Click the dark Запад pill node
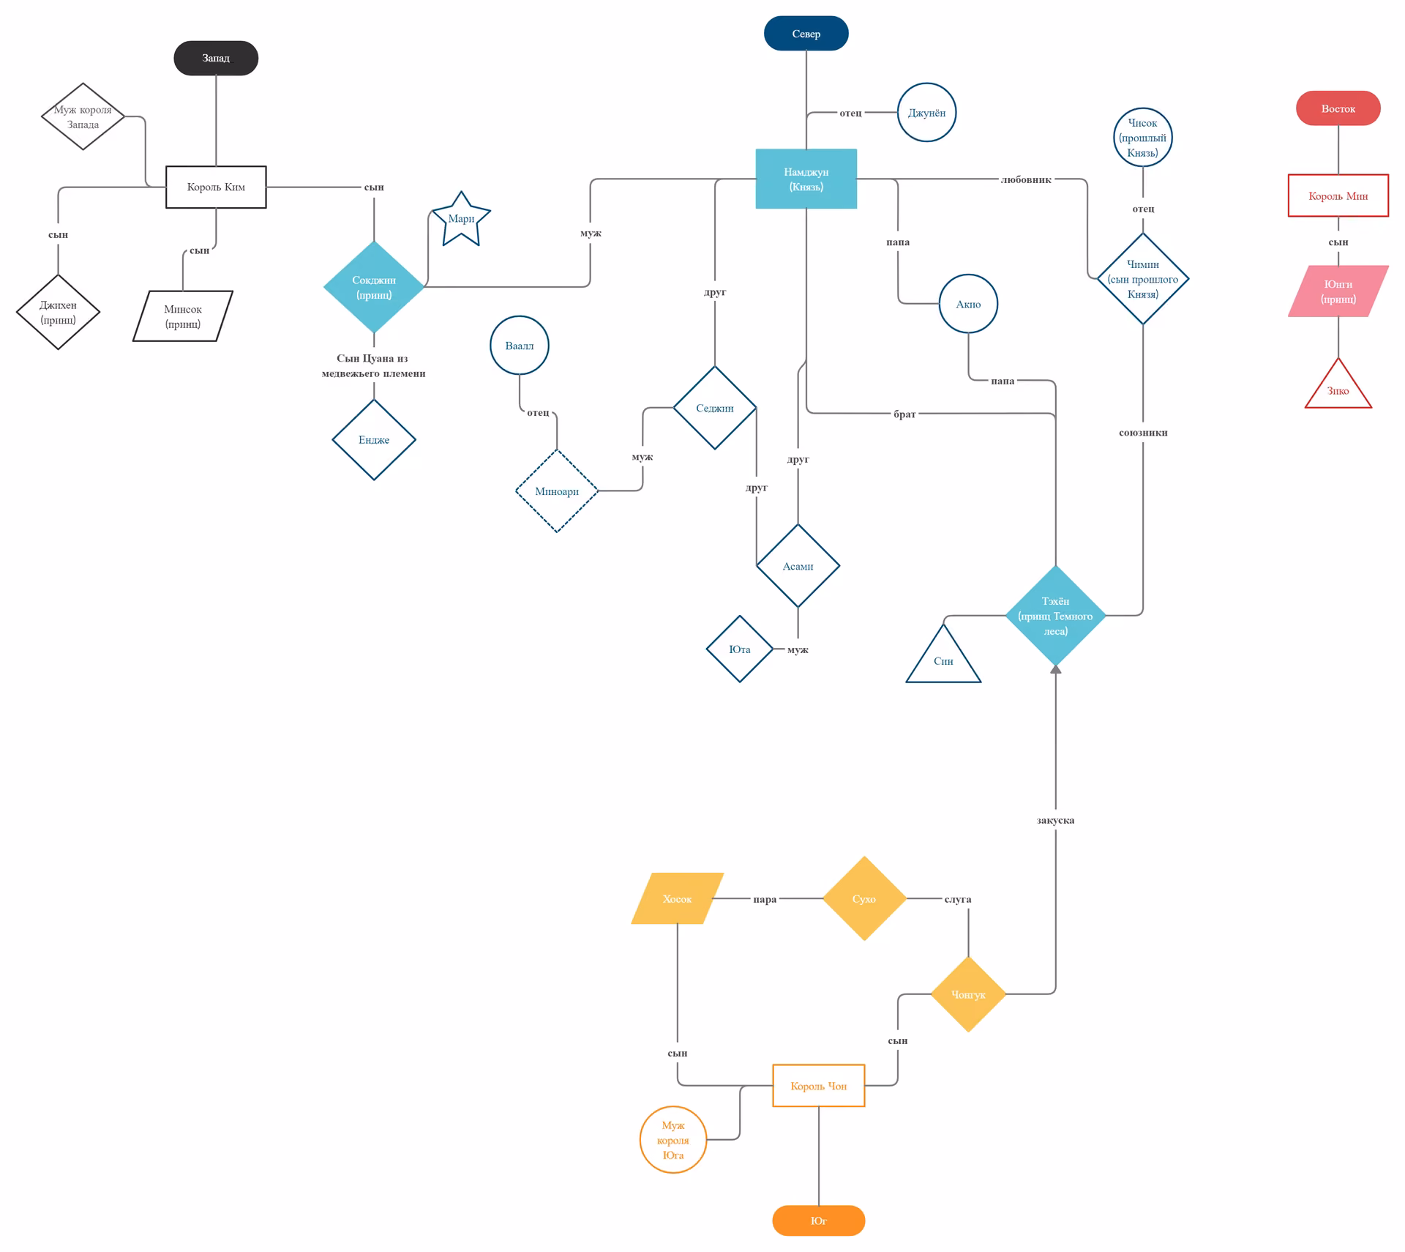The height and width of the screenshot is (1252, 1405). [x=216, y=58]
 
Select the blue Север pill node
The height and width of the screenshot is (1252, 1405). [x=806, y=34]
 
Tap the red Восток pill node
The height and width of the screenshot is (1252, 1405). [x=1338, y=108]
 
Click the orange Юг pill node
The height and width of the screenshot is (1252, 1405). [x=818, y=1221]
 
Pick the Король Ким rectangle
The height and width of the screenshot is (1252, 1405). [x=216, y=187]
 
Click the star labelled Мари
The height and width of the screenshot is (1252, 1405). [x=461, y=220]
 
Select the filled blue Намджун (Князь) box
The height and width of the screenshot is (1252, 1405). [x=806, y=179]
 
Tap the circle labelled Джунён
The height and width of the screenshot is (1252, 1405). [x=926, y=113]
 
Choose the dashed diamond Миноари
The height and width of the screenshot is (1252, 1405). [x=557, y=491]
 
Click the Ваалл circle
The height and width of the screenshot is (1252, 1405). [x=519, y=346]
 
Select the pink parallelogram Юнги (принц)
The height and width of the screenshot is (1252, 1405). [x=1338, y=291]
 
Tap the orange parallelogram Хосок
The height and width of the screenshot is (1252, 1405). [x=677, y=898]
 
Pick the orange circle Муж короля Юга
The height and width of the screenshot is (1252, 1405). [x=672, y=1139]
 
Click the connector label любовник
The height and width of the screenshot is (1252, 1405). [x=1025, y=179]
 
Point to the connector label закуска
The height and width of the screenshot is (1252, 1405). [x=1055, y=820]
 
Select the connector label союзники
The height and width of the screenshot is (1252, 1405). [x=1142, y=433]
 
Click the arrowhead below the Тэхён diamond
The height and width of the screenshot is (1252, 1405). [x=1055, y=668]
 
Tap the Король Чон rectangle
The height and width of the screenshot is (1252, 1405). [x=818, y=1085]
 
